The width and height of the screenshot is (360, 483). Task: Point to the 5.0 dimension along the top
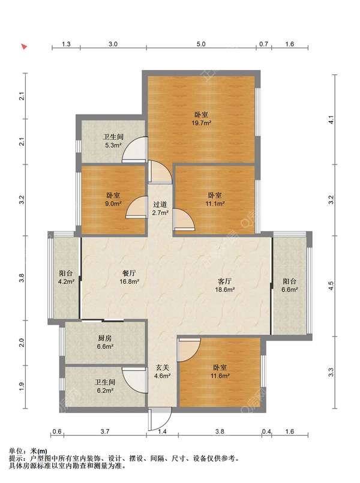point(201,44)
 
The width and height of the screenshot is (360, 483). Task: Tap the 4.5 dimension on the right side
point(331,286)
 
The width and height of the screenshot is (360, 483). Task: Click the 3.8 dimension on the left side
point(22,278)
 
